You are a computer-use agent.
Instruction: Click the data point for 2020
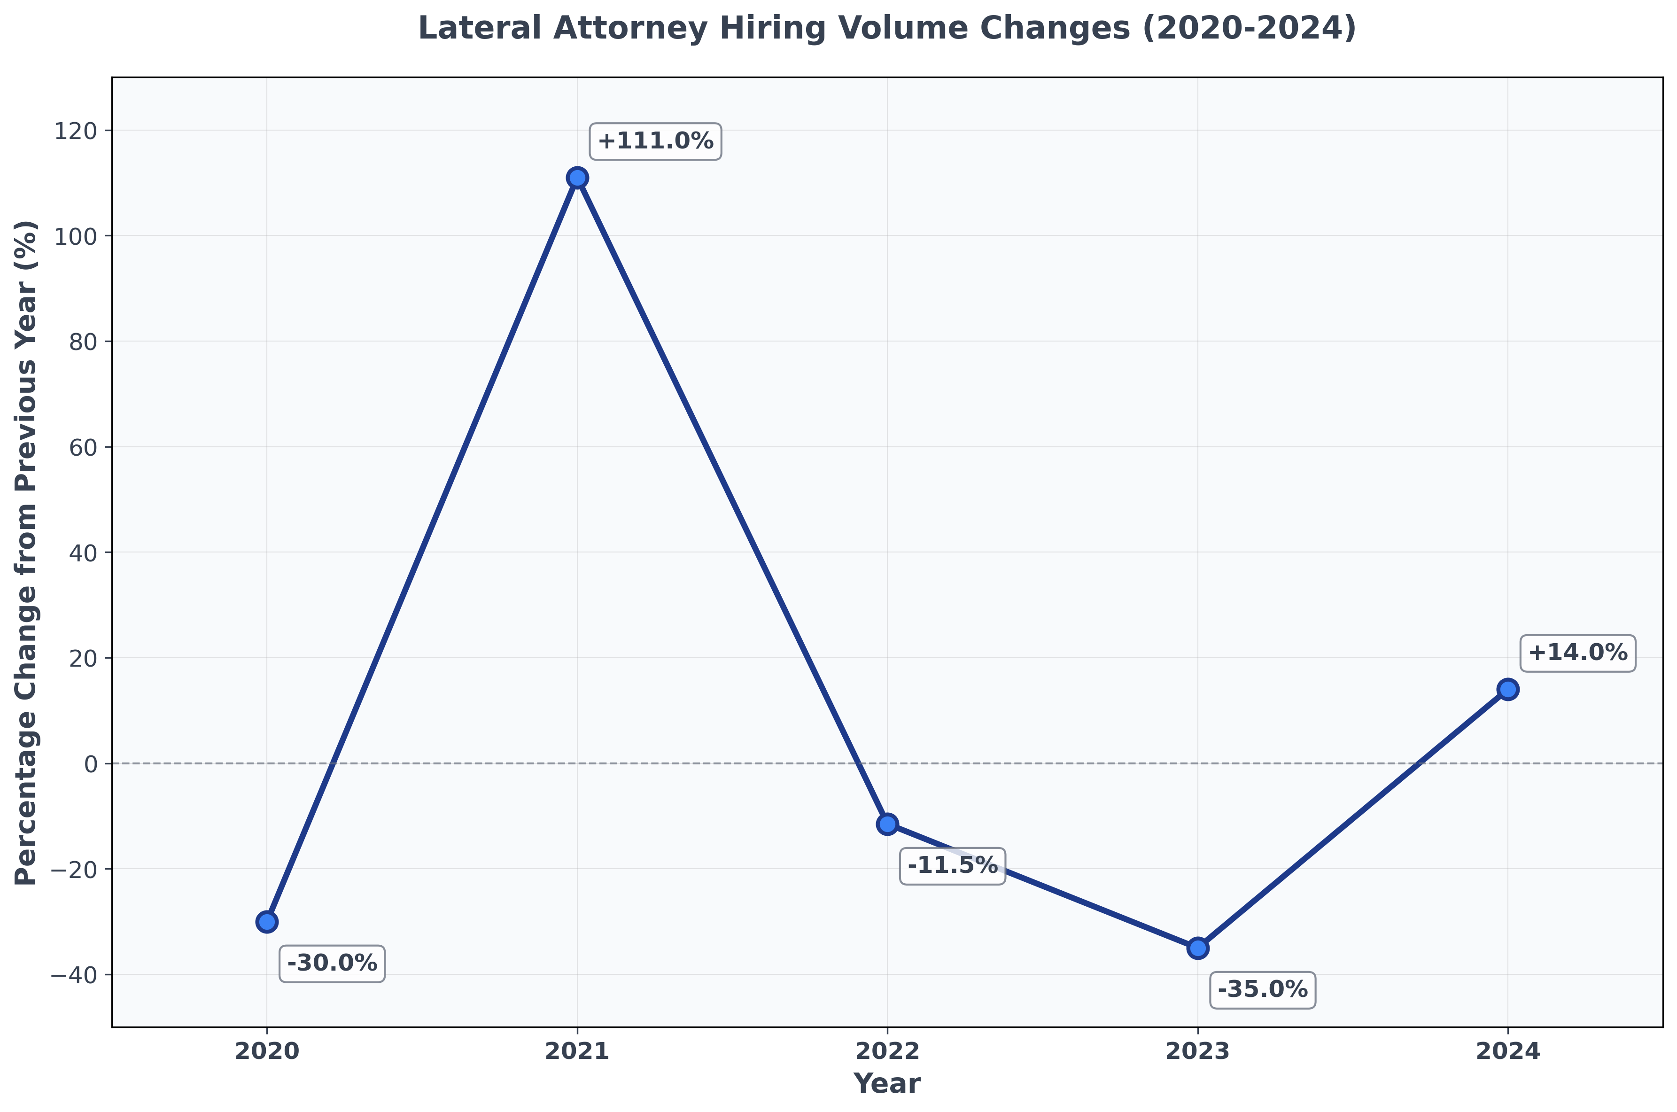click(267, 922)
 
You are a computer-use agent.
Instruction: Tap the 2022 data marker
click(887, 824)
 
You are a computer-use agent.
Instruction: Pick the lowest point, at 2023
click(1198, 948)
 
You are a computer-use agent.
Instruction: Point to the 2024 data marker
click(1507, 689)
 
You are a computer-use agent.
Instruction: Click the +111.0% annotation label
click(655, 141)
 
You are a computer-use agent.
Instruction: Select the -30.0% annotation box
click(332, 963)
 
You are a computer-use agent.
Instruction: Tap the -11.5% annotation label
click(952, 865)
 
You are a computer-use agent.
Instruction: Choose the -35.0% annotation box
click(1263, 989)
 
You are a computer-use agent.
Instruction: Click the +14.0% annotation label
click(1577, 653)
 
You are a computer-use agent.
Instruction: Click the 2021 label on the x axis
click(577, 1051)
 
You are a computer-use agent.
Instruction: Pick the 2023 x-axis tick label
click(1198, 1051)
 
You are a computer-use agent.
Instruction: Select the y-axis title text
click(26, 552)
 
